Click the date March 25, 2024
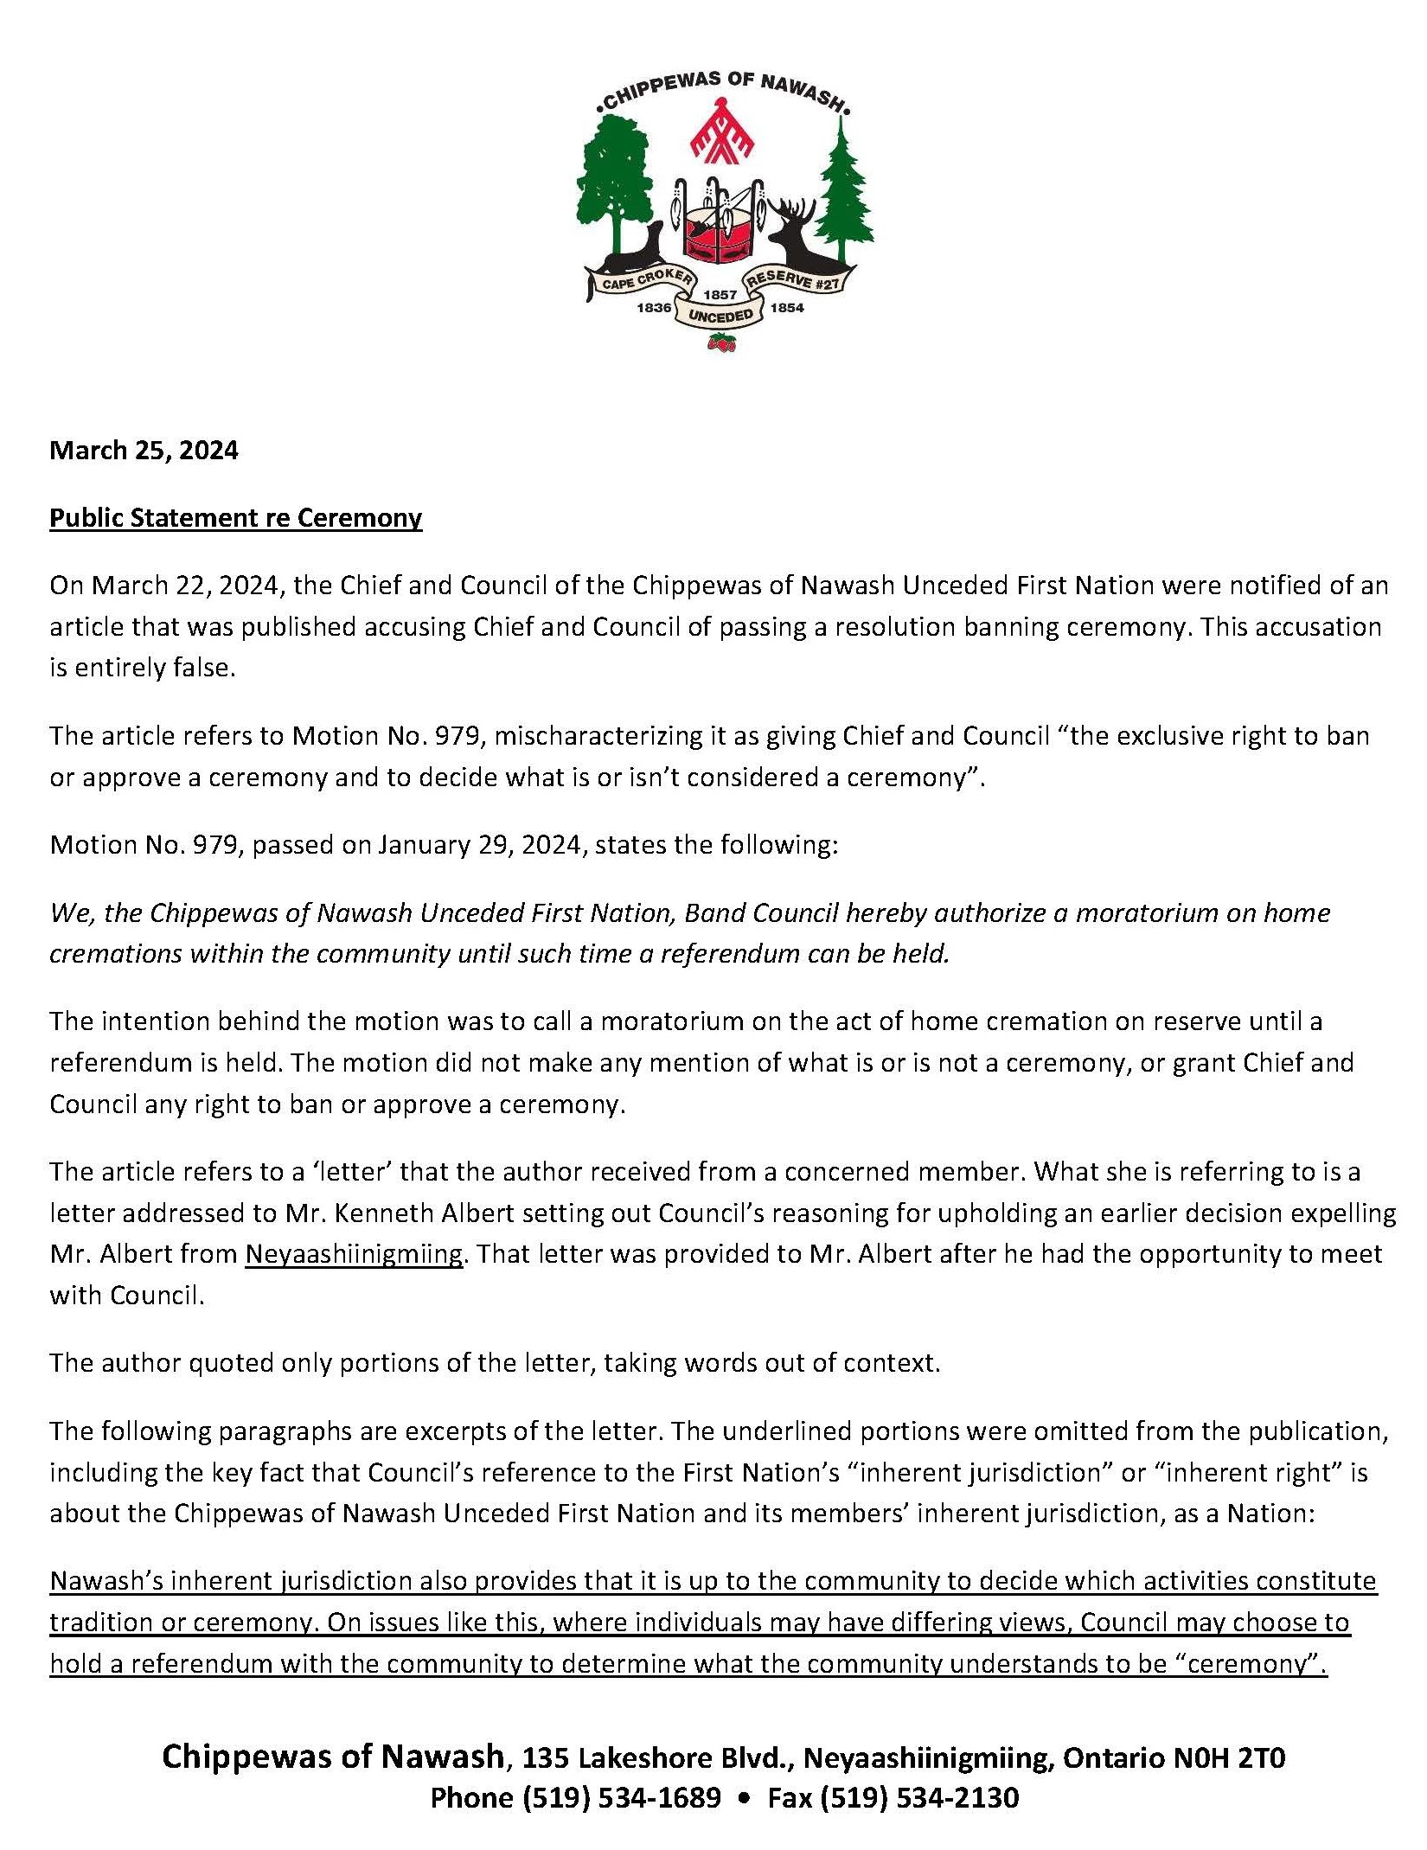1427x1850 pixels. tap(144, 451)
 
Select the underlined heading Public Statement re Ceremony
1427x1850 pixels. tap(235, 518)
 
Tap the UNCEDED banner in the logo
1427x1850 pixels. tap(720, 315)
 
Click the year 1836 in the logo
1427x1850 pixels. tap(654, 307)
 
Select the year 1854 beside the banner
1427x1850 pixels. tap(786, 307)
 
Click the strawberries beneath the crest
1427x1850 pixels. tap(721, 343)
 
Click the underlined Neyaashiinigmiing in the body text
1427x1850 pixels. tap(355, 1254)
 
